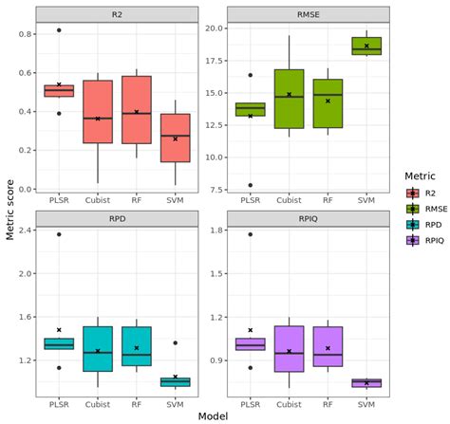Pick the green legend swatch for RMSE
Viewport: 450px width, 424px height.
403,208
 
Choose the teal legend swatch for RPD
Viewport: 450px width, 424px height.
403,225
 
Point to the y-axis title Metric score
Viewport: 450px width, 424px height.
9,205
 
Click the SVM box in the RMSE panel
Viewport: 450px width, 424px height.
366,46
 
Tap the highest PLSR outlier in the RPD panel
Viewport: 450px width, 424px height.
58,234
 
